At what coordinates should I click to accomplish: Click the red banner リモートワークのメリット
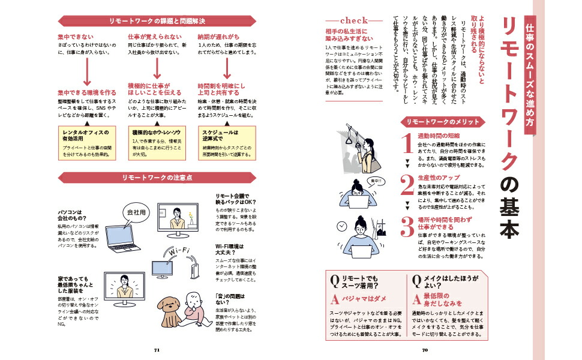coord(443,122)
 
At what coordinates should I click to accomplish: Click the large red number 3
coord(407,226)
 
